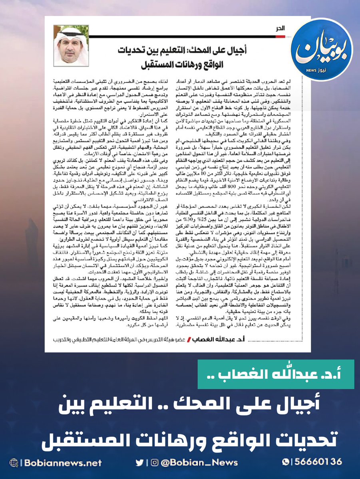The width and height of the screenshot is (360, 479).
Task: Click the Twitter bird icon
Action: click(x=139, y=463)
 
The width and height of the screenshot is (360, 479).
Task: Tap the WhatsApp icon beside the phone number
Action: click(x=285, y=462)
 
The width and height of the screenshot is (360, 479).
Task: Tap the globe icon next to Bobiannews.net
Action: click(x=14, y=463)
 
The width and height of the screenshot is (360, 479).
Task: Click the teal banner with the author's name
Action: click(x=276, y=374)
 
